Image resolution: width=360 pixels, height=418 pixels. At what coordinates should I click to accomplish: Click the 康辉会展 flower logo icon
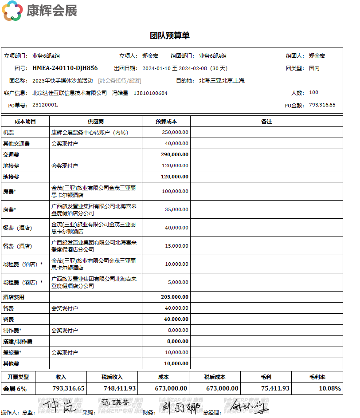point(12,11)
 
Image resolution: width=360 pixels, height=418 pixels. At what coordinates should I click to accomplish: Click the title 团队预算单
point(170,36)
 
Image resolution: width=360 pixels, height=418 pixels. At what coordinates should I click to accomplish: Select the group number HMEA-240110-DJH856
point(65,68)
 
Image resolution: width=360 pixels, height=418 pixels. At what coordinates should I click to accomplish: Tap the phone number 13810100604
point(150,93)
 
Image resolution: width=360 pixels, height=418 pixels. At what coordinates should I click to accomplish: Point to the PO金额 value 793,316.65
point(322,105)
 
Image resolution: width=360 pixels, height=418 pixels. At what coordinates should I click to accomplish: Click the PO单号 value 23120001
point(45,105)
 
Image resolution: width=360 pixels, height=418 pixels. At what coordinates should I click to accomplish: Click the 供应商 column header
point(95,121)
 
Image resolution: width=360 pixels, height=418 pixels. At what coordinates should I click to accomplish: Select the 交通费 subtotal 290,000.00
point(175,154)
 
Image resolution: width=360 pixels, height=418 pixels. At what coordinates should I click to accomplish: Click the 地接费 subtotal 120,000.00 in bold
point(175,177)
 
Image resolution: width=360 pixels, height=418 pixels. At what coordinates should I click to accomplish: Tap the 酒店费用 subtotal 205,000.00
point(175,297)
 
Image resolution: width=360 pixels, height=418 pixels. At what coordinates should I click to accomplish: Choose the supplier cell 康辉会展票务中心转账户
point(90,132)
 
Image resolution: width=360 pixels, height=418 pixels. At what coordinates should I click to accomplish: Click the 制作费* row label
point(12,330)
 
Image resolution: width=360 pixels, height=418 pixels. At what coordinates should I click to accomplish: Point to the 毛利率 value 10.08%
point(330,388)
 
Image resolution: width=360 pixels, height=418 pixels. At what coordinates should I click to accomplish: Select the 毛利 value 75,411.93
point(275,388)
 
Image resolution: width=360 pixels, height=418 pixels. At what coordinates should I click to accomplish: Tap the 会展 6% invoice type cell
point(15,389)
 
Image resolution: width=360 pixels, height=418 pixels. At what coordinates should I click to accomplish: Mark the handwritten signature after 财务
point(180,407)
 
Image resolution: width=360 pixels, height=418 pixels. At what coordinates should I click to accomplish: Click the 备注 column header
point(266,121)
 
